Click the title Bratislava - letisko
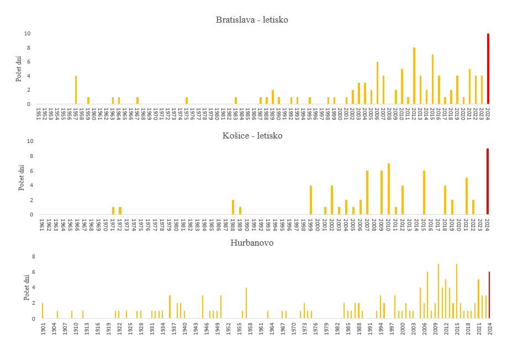click(252, 20)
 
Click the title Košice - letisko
click(252, 135)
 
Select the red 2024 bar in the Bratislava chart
click(488, 68)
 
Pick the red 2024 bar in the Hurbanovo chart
click(489, 295)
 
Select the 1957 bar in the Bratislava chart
click(76, 89)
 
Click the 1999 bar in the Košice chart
click(311, 200)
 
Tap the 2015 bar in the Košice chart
click(424, 193)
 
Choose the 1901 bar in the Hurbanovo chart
click(43, 311)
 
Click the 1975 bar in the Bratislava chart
click(187, 100)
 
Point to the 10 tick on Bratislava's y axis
click(27, 34)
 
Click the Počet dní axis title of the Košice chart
click(22, 178)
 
